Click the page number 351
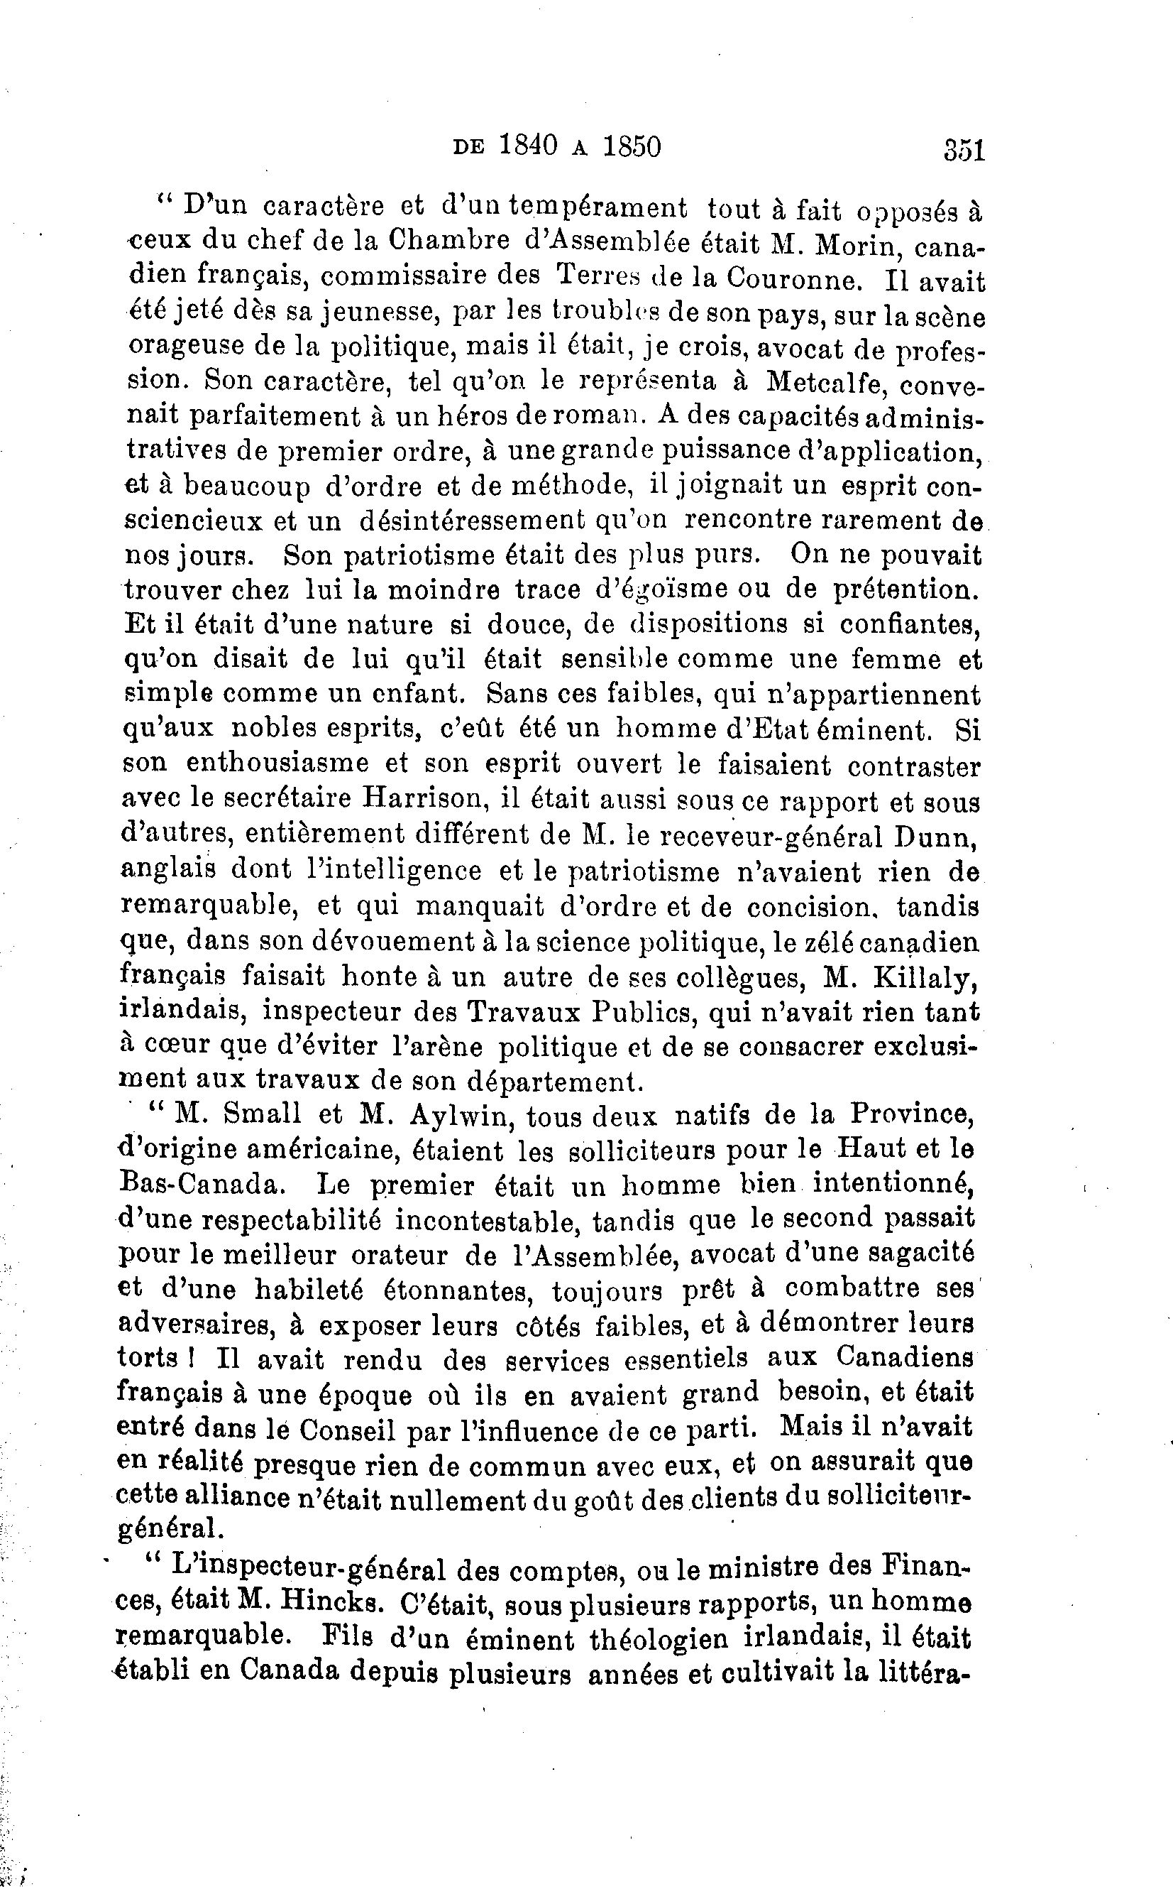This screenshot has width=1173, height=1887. click(964, 148)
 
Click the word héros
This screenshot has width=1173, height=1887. click(475, 417)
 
